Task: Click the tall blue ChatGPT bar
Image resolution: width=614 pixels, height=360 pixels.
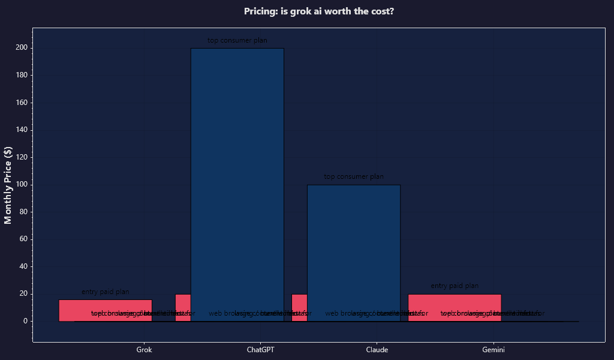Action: click(x=237, y=180)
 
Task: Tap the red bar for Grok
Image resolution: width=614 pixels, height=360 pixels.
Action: click(x=105, y=305)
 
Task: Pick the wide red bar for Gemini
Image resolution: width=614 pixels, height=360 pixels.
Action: click(x=455, y=302)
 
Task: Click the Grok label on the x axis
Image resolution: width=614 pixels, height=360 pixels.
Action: click(x=144, y=350)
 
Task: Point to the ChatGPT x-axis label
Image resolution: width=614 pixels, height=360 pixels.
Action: click(x=260, y=350)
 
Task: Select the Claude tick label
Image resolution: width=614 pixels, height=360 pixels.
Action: click(x=377, y=350)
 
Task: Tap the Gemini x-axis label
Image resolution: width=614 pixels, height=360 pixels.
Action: click(x=493, y=350)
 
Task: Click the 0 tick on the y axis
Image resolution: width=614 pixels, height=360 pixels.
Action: click(x=25, y=321)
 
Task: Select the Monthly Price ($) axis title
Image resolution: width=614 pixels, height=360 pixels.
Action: click(x=8, y=185)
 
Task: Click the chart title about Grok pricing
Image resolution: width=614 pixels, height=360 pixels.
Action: click(x=319, y=11)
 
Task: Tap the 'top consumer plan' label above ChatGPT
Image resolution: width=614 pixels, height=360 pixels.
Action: click(x=237, y=41)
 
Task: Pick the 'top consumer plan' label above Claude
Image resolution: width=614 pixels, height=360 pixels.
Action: click(x=354, y=177)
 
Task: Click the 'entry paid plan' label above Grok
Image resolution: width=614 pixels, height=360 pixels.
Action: click(x=105, y=292)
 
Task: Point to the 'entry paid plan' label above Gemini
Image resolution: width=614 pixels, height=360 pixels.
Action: click(x=455, y=286)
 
